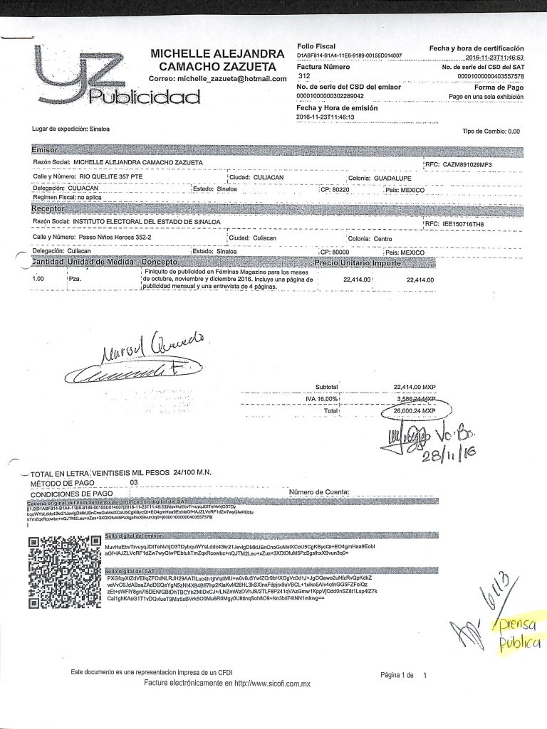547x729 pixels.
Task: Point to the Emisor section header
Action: pos(48,151)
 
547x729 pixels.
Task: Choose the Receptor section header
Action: pos(48,210)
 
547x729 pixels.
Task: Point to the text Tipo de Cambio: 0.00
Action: pos(491,132)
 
